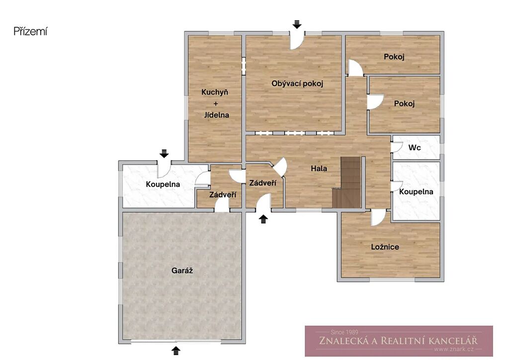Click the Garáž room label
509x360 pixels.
tap(182, 270)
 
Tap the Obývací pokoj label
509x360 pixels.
tap(297, 84)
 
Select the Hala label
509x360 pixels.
tap(319, 169)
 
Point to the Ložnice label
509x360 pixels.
tap(385, 247)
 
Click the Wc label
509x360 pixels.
tap(415, 148)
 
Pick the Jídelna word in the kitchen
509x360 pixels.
tap(217, 115)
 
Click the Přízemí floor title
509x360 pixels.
tap(30, 31)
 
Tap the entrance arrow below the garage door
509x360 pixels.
tap(176, 351)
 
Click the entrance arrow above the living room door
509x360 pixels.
tap(297, 24)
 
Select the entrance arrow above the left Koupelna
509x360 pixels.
tap(164, 154)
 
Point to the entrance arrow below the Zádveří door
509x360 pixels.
tap(263, 219)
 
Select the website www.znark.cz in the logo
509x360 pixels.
tap(454, 349)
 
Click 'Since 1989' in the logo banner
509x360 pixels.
tap(344, 332)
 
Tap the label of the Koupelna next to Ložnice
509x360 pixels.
tap(416, 192)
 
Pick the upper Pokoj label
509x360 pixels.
tap(394, 57)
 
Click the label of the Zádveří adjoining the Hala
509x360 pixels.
tap(262, 183)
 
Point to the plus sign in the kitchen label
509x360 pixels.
tap(216, 103)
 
